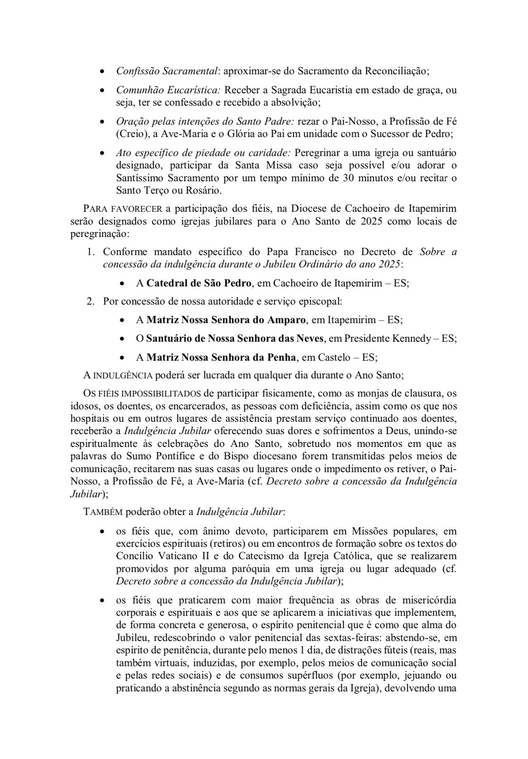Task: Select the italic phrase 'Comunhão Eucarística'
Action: point(168,90)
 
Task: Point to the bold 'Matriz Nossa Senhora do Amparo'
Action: point(226,320)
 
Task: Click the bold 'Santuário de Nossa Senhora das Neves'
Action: point(236,338)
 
